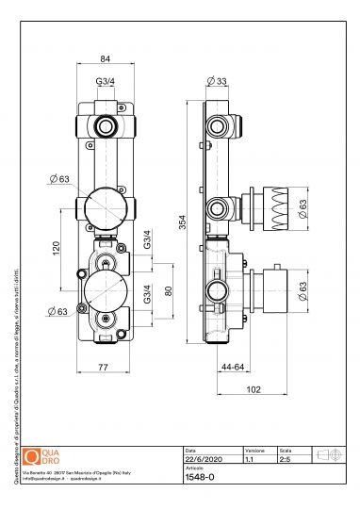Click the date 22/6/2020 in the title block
201,460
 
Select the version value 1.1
250,460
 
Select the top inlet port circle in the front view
105,125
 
